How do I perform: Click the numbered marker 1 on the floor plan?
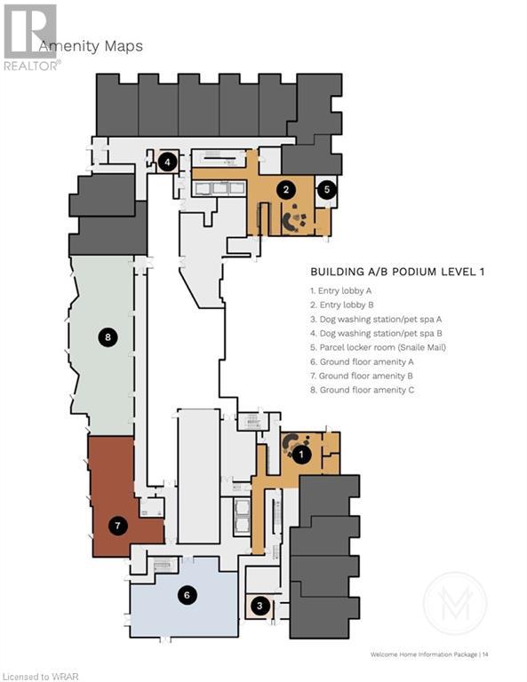click(x=301, y=455)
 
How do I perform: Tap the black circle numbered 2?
click(x=286, y=189)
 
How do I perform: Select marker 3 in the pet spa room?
click(x=260, y=606)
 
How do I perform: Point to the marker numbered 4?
click(x=168, y=163)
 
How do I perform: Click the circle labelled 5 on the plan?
click(x=327, y=189)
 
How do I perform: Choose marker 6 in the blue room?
click(x=188, y=595)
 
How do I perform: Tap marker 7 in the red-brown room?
click(x=117, y=526)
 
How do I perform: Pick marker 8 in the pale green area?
click(x=108, y=337)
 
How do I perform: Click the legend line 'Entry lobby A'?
click(x=340, y=291)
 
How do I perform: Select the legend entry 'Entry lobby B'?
click(x=342, y=305)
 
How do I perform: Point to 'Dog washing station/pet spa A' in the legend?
click(x=376, y=320)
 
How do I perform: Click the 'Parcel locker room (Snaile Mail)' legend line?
click(x=379, y=347)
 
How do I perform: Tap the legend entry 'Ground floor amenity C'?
click(x=362, y=390)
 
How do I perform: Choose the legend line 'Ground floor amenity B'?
click(x=362, y=376)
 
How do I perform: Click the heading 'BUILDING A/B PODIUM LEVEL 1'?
click(x=397, y=272)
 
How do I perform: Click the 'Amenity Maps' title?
click(x=91, y=46)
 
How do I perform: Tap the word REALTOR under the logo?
click(x=31, y=66)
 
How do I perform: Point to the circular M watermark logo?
click(x=455, y=604)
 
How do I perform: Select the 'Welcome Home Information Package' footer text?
click(x=424, y=654)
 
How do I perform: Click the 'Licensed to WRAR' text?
click(x=40, y=677)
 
